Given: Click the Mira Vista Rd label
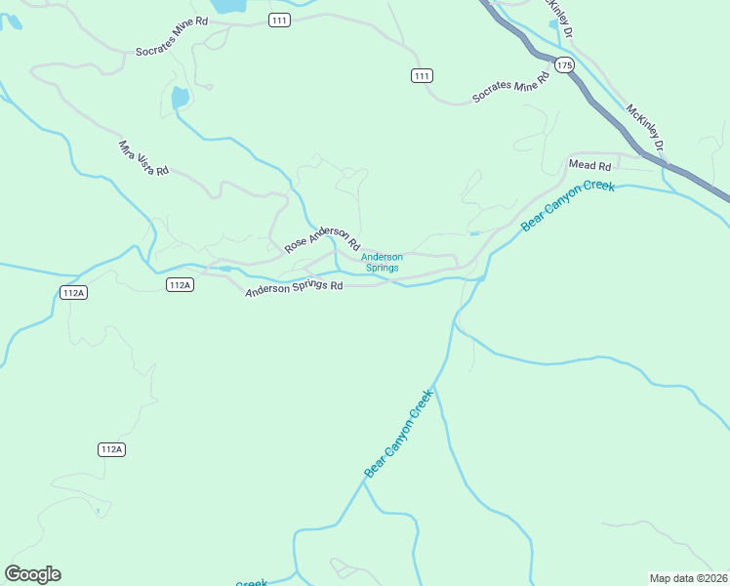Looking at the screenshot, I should click(143, 157).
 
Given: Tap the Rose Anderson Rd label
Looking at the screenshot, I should click(323, 240).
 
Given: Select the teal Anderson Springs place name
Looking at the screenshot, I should click(382, 262).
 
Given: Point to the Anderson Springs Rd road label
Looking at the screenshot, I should click(295, 288).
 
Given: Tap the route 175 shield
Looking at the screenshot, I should click(563, 63).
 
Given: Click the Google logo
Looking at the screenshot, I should click(32, 574).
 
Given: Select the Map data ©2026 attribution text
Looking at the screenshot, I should click(689, 578).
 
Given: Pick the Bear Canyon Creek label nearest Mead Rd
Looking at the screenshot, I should click(568, 205).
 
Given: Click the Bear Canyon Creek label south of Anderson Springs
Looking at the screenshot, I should click(398, 434).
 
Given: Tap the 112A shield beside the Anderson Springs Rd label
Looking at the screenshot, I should click(180, 284).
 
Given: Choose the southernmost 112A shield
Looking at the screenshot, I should click(112, 449).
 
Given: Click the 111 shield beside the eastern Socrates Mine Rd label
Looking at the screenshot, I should click(422, 75).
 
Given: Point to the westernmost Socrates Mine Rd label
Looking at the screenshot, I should click(173, 48).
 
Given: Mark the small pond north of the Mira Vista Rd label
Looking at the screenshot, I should click(180, 98).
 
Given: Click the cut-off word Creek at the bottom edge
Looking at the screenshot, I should click(251, 583).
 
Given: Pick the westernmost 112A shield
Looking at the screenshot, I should click(74, 292).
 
